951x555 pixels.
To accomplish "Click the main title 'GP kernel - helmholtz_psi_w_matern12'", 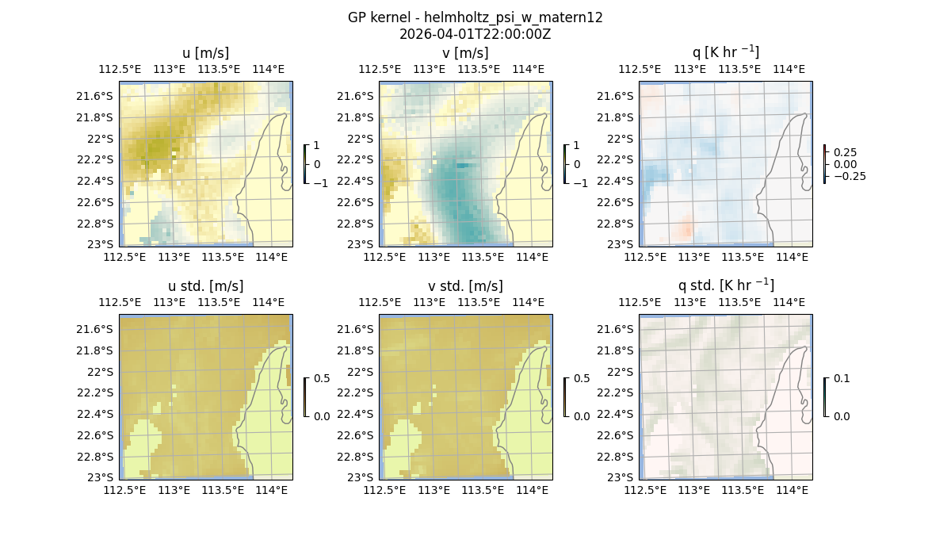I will coord(475,17).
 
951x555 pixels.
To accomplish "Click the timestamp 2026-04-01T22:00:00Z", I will coord(475,34).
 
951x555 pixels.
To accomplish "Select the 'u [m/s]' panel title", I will coord(205,53).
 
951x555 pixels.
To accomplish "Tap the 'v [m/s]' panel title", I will coord(465,53).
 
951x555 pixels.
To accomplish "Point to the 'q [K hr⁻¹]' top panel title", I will coord(725,53).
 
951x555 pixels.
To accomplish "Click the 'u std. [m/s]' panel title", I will coord(205,286).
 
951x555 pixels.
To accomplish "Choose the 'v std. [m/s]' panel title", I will coord(465,286).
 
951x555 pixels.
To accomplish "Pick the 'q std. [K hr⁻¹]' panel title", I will coord(725,286).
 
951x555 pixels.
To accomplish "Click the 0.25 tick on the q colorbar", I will coord(844,152).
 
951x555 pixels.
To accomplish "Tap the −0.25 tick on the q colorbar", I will coord(847,176).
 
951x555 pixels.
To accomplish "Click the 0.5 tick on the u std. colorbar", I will coord(322,378).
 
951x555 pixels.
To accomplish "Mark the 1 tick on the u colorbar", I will coord(317,146).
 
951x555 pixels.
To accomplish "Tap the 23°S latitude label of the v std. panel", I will coord(360,477).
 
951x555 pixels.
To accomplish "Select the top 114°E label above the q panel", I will coord(789,69).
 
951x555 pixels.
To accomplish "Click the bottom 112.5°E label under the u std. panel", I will coord(125,490).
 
